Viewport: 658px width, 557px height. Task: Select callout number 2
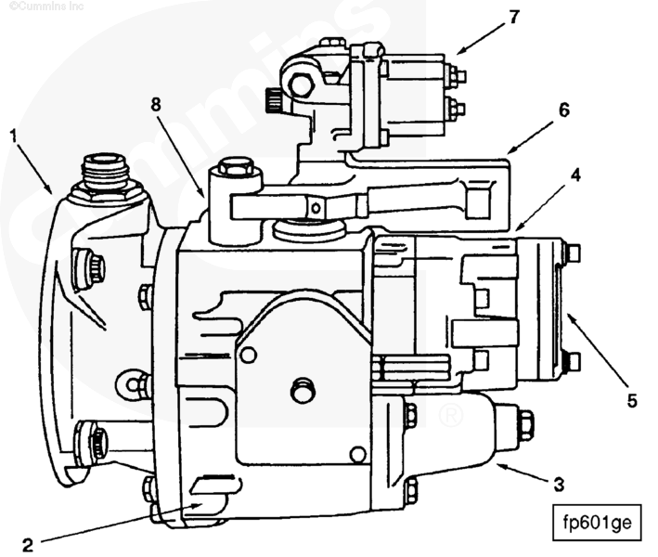pyautogui.click(x=28, y=546)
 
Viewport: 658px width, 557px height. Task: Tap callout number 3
pyautogui.click(x=559, y=484)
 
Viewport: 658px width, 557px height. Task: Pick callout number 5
pyautogui.click(x=631, y=401)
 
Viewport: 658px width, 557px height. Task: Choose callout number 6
pyautogui.click(x=562, y=109)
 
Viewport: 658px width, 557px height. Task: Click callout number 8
pyautogui.click(x=156, y=106)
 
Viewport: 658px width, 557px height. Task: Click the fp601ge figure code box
pyautogui.click(x=597, y=522)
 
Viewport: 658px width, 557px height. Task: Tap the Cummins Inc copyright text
pyautogui.click(x=37, y=6)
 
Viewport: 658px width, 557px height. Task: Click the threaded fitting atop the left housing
pyautogui.click(x=106, y=174)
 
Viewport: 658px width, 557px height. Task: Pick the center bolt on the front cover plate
pyautogui.click(x=303, y=391)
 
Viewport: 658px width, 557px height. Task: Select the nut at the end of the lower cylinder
pyautogui.click(x=524, y=424)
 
